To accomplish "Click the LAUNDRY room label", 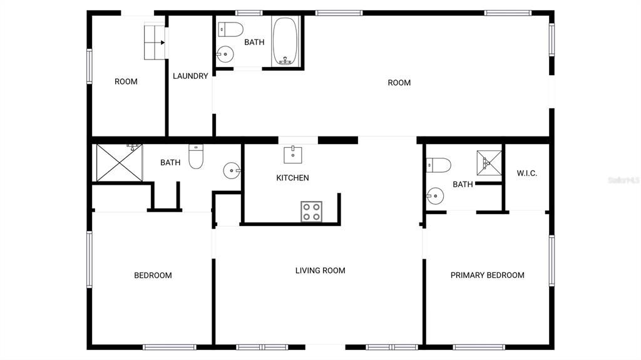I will (190, 76).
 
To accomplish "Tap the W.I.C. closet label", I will (526, 173).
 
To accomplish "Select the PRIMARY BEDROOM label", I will (487, 275).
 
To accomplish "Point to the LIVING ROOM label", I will (320, 270).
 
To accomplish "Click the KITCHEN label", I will (292, 178).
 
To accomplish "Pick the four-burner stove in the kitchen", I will (311, 211).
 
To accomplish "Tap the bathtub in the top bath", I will (285, 41).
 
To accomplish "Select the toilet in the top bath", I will (231, 29).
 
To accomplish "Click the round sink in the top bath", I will (224, 55).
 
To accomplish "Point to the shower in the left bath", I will (119, 163).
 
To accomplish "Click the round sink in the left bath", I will (232, 169).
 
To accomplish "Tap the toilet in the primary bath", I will (438, 165).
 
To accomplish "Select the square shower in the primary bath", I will (490, 163).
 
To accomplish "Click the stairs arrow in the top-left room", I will (162, 43).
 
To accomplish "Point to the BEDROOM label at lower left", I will (153, 275).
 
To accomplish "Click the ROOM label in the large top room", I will (399, 83).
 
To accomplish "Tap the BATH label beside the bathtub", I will (254, 43).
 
